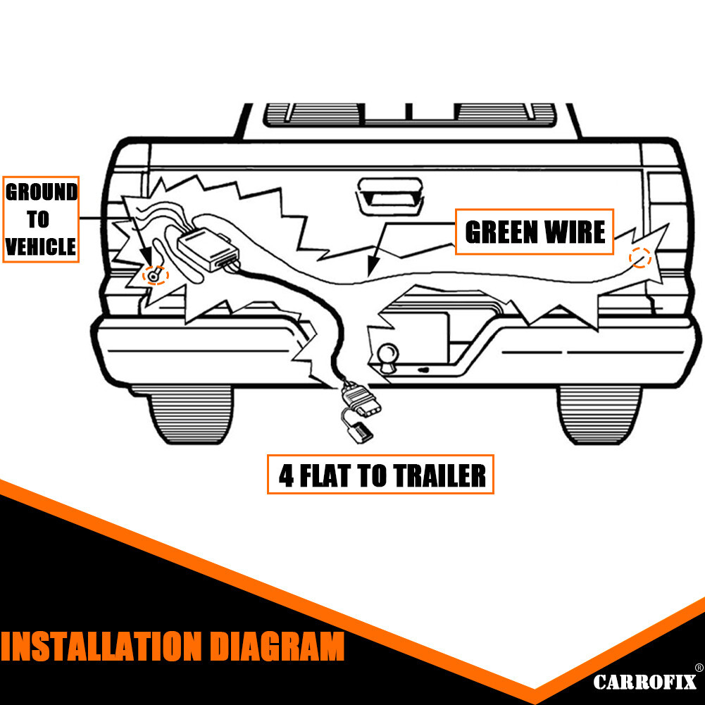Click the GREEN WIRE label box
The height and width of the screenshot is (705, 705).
(x=535, y=232)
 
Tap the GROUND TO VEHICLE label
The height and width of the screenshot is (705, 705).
(x=41, y=219)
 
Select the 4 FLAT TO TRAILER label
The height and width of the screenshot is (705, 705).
(x=381, y=475)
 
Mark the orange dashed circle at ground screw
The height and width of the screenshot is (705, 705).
(x=154, y=274)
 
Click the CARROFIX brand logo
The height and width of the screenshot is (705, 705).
(x=644, y=681)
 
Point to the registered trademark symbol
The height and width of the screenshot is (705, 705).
(x=698, y=668)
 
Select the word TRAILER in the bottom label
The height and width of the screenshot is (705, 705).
(x=438, y=475)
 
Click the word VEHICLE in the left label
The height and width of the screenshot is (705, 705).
(x=41, y=247)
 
